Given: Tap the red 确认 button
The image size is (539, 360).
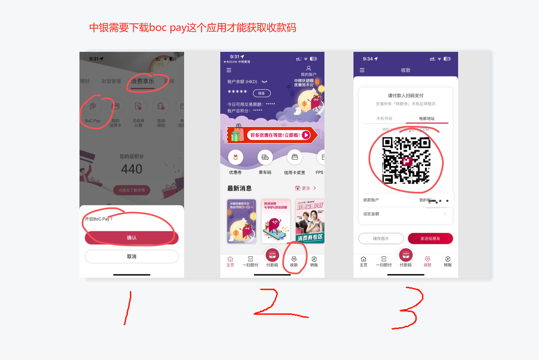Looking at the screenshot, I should (131, 238).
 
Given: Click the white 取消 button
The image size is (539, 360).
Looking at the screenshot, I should (131, 256).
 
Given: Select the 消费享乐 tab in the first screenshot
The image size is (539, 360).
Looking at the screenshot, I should (143, 81).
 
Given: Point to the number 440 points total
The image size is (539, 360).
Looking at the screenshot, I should (132, 169).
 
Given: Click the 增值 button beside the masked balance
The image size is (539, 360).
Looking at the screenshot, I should (261, 93).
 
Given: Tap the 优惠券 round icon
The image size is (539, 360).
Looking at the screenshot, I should (235, 157).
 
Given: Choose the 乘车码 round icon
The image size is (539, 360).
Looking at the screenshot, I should (265, 157).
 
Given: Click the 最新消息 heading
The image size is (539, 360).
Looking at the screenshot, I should (239, 188).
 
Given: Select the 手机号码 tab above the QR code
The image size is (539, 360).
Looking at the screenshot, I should (384, 118).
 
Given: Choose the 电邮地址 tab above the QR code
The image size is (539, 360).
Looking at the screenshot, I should (427, 118).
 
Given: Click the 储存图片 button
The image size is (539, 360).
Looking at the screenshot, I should (381, 239).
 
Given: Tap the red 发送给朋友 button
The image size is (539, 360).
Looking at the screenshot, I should (430, 239).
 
